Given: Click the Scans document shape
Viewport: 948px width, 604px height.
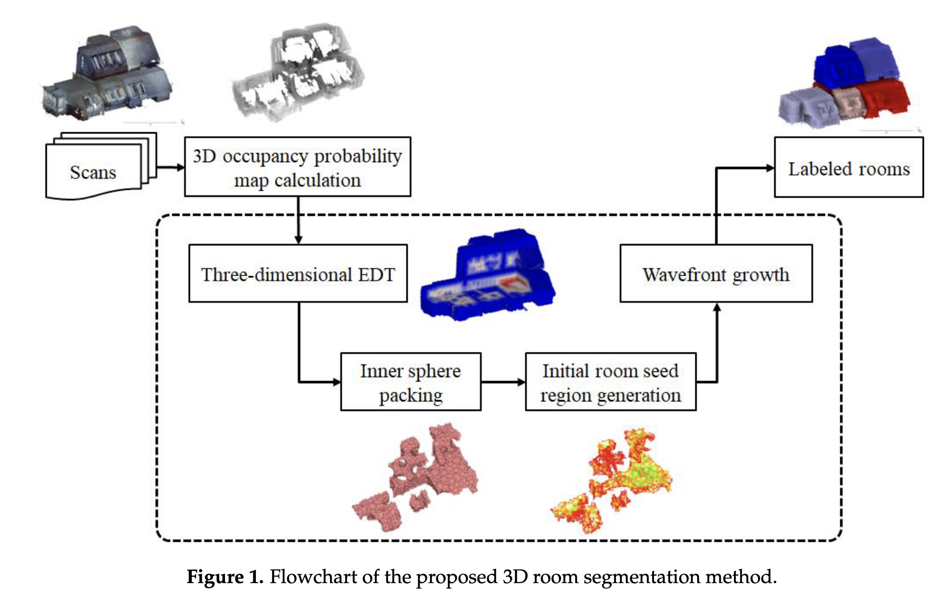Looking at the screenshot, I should tap(93, 172).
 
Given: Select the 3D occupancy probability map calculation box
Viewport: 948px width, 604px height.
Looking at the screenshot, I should tap(297, 167).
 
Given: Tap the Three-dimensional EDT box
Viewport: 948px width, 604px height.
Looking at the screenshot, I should tap(298, 274).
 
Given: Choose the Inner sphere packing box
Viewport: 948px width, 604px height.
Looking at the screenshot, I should tap(410, 382).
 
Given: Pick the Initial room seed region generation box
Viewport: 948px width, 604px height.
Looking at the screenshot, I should tap(610, 382).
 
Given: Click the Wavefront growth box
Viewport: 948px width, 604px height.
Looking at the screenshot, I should tap(716, 274).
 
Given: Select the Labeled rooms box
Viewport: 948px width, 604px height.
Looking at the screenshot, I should tap(848, 168).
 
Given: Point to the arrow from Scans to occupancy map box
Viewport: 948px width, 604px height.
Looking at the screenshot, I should tap(170, 167).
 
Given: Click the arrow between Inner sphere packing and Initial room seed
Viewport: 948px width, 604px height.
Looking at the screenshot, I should tap(503, 382).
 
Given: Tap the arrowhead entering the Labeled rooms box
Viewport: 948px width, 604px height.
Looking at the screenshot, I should tap(770, 168).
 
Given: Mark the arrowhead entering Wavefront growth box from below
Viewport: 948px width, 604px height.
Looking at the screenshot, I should tap(717, 308).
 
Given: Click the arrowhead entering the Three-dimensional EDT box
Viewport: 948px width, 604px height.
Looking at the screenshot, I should tap(298, 240).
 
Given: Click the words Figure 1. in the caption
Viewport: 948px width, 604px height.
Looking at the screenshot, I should tap(225, 577).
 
